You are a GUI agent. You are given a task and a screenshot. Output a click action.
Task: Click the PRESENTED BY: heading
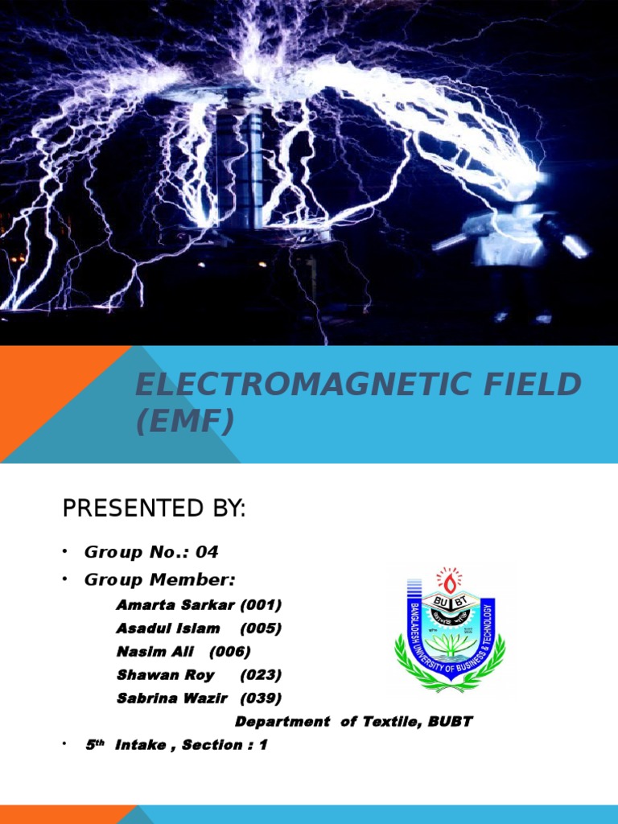[x=154, y=509]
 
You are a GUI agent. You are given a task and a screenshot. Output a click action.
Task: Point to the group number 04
[x=206, y=553]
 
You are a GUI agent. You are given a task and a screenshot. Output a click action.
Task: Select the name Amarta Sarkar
[x=173, y=604]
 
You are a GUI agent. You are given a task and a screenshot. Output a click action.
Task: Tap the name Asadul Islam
[x=168, y=628]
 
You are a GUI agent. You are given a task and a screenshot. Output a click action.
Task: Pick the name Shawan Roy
[x=166, y=675]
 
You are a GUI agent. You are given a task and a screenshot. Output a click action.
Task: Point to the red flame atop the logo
[x=449, y=577]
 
